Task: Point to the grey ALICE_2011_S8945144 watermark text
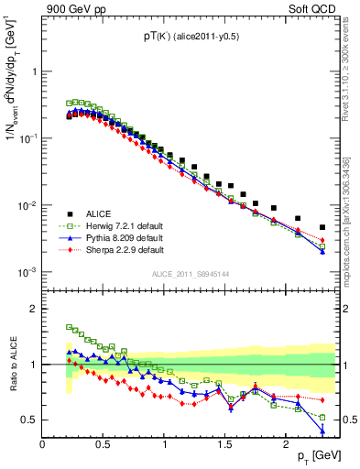tap(189, 274)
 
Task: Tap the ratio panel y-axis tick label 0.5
tap(28, 420)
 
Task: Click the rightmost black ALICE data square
tap(322, 227)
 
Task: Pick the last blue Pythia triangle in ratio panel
tap(322, 431)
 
